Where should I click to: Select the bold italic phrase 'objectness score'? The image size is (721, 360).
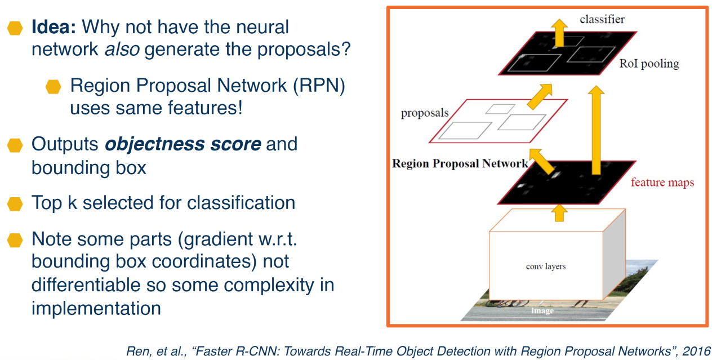(183, 144)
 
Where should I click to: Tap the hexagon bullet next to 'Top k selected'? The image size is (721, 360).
(15, 203)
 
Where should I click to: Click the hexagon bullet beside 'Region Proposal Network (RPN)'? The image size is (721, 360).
(54, 87)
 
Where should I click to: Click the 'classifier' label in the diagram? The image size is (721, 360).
(602, 20)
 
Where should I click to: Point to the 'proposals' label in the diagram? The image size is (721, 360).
(425, 113)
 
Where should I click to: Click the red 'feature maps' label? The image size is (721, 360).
(662, 183)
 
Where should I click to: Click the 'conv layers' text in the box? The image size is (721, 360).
(545, 266)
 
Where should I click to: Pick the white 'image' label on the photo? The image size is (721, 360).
(542, 310)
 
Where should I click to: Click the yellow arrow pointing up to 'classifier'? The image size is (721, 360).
(559, 32)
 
